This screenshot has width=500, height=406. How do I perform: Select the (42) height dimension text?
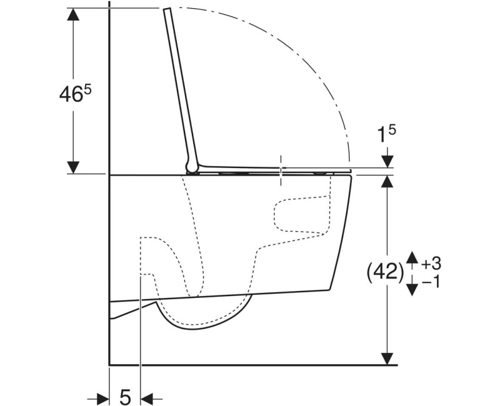pyautogui.click(x=383, y=272)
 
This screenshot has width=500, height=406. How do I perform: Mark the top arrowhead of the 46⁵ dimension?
pyautogui.click(x=74, y=16)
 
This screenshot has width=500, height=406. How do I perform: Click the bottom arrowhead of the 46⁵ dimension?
pyautogui.click(x=74, y=167)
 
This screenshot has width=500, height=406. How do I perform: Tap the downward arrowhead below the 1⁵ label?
pyautogui.click(x=387, y=161)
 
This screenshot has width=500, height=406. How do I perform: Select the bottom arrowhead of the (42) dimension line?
pyautogui.click(x=389, y=357)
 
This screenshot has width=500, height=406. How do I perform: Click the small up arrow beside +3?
pyautogui.click(x=412, y=257)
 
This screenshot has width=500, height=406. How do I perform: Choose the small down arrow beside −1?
pyautogui.click(x=412, y=287)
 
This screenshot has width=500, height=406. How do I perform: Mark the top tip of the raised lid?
pyautogui.click(x=167, y=10)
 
